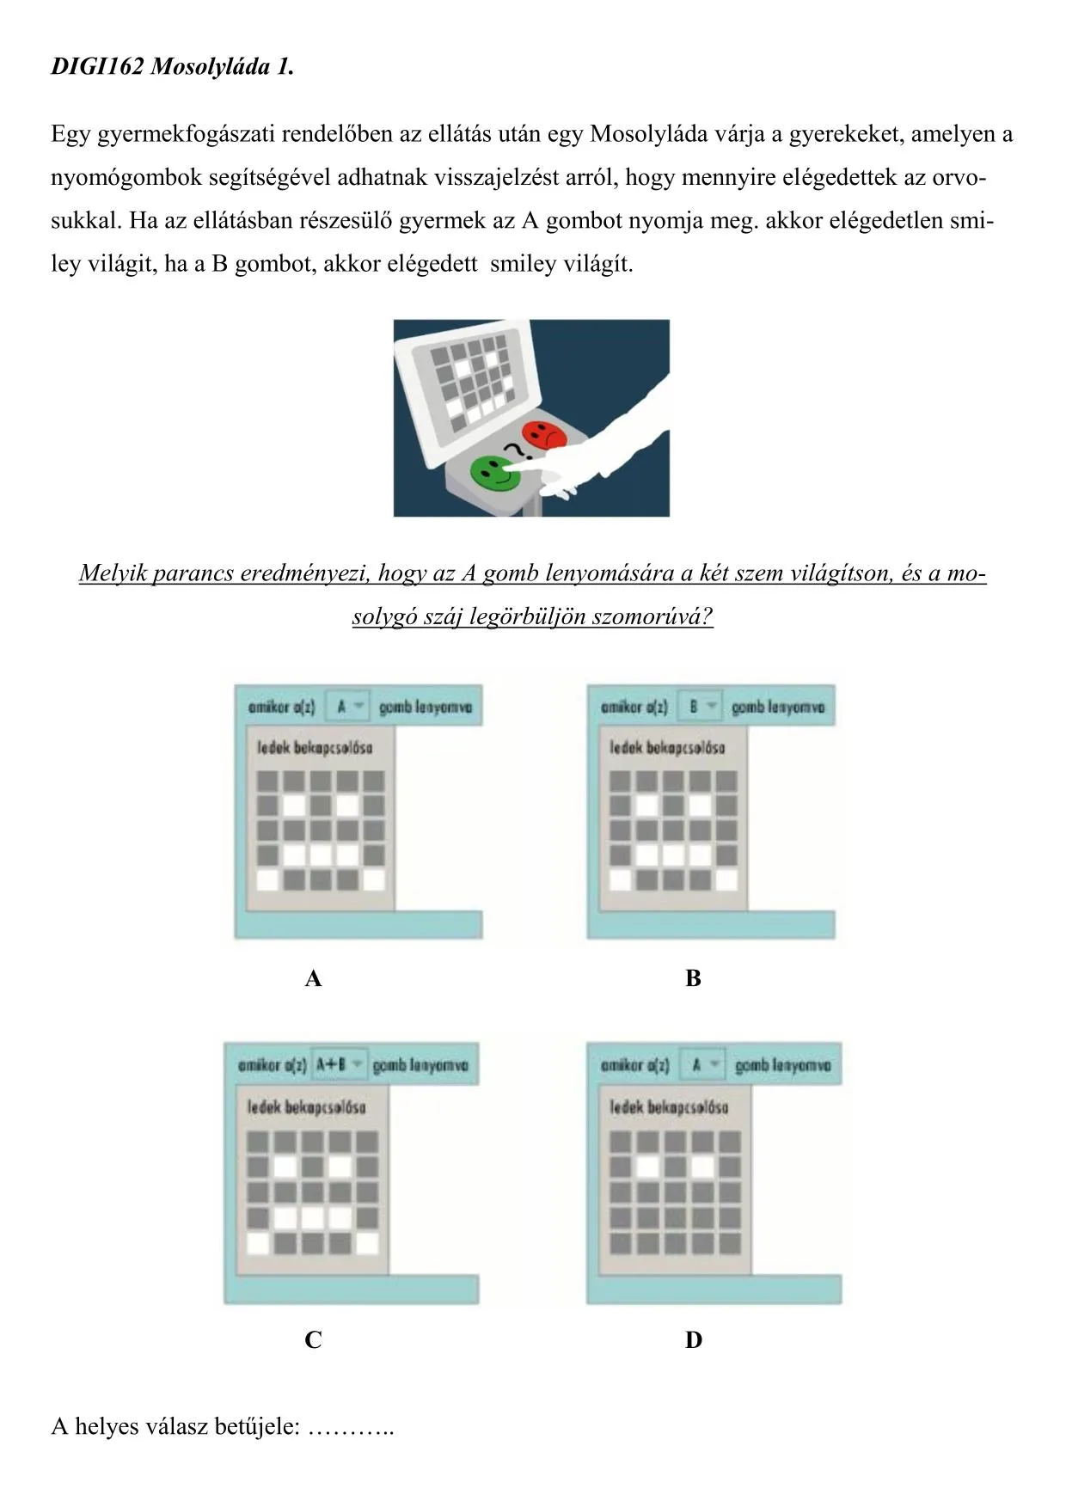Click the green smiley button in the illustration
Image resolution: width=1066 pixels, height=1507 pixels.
coord(495,472)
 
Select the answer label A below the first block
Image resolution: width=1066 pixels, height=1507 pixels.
coord(313,978)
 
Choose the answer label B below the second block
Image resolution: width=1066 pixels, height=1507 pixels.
coord(693,978)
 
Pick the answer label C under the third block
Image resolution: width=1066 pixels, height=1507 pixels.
coord(313,1340)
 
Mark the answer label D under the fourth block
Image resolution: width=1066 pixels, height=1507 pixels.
coord(693,1340)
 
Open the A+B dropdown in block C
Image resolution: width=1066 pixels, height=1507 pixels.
coord(339,1064)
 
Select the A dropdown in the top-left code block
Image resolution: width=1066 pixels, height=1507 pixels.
coord(347,707)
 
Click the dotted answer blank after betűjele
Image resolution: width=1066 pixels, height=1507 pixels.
coord(351,1428)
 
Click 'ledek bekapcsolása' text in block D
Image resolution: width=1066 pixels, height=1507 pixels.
coord(669,1107)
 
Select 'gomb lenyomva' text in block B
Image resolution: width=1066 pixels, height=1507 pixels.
coord(778,707)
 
